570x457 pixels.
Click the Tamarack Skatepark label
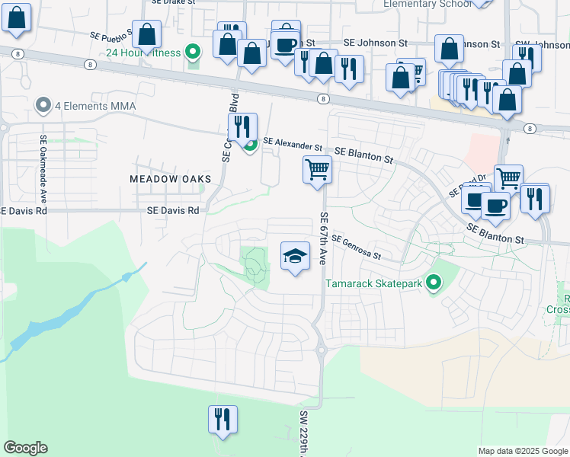coord(374,284)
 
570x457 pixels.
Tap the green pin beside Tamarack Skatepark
coord(434,284)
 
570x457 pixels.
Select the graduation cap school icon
coord(296,257)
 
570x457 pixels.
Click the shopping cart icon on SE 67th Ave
coord(317,169)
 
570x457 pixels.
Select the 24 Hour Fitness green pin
coord(194,53)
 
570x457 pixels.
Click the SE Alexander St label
coord(293,142)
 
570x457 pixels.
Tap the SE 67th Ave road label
coord(323,238)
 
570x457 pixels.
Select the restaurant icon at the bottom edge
coord(223,420)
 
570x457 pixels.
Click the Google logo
coord(25,448)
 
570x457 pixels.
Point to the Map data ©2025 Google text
coord(522,451)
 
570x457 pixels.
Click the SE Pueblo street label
coord(111,36)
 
